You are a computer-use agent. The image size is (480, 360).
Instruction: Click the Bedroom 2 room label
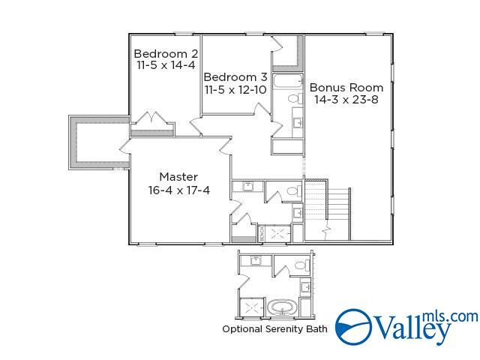click(166, 54)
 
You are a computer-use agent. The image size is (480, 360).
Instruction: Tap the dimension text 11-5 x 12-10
click(235, 89)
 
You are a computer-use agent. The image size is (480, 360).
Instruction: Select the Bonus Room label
click(346, 86)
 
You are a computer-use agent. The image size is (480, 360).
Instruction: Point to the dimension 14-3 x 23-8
click(346, 99)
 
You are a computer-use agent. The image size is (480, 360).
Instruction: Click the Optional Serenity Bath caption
click(274, 328)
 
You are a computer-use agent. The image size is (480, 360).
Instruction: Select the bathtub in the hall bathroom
click(286, 82)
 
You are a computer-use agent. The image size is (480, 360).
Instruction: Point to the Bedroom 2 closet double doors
click(153, 118)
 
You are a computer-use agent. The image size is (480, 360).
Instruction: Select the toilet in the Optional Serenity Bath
click(301, 265)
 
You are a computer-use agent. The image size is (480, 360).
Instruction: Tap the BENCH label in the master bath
click(261, 234)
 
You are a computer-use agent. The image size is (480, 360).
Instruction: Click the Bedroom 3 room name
click(235, 76)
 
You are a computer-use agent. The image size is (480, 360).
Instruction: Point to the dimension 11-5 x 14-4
click(166, 66)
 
